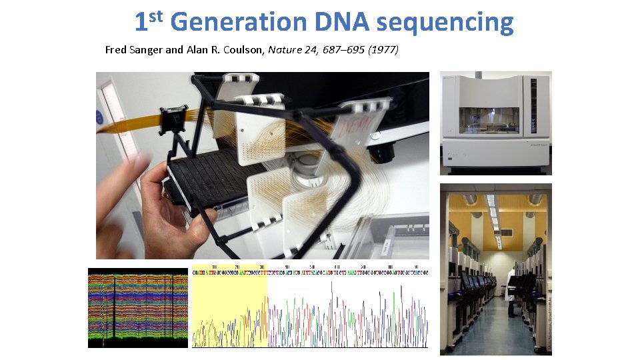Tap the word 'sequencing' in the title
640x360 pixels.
click(x=445, y=22)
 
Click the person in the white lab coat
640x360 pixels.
click(x=512, y=287)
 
